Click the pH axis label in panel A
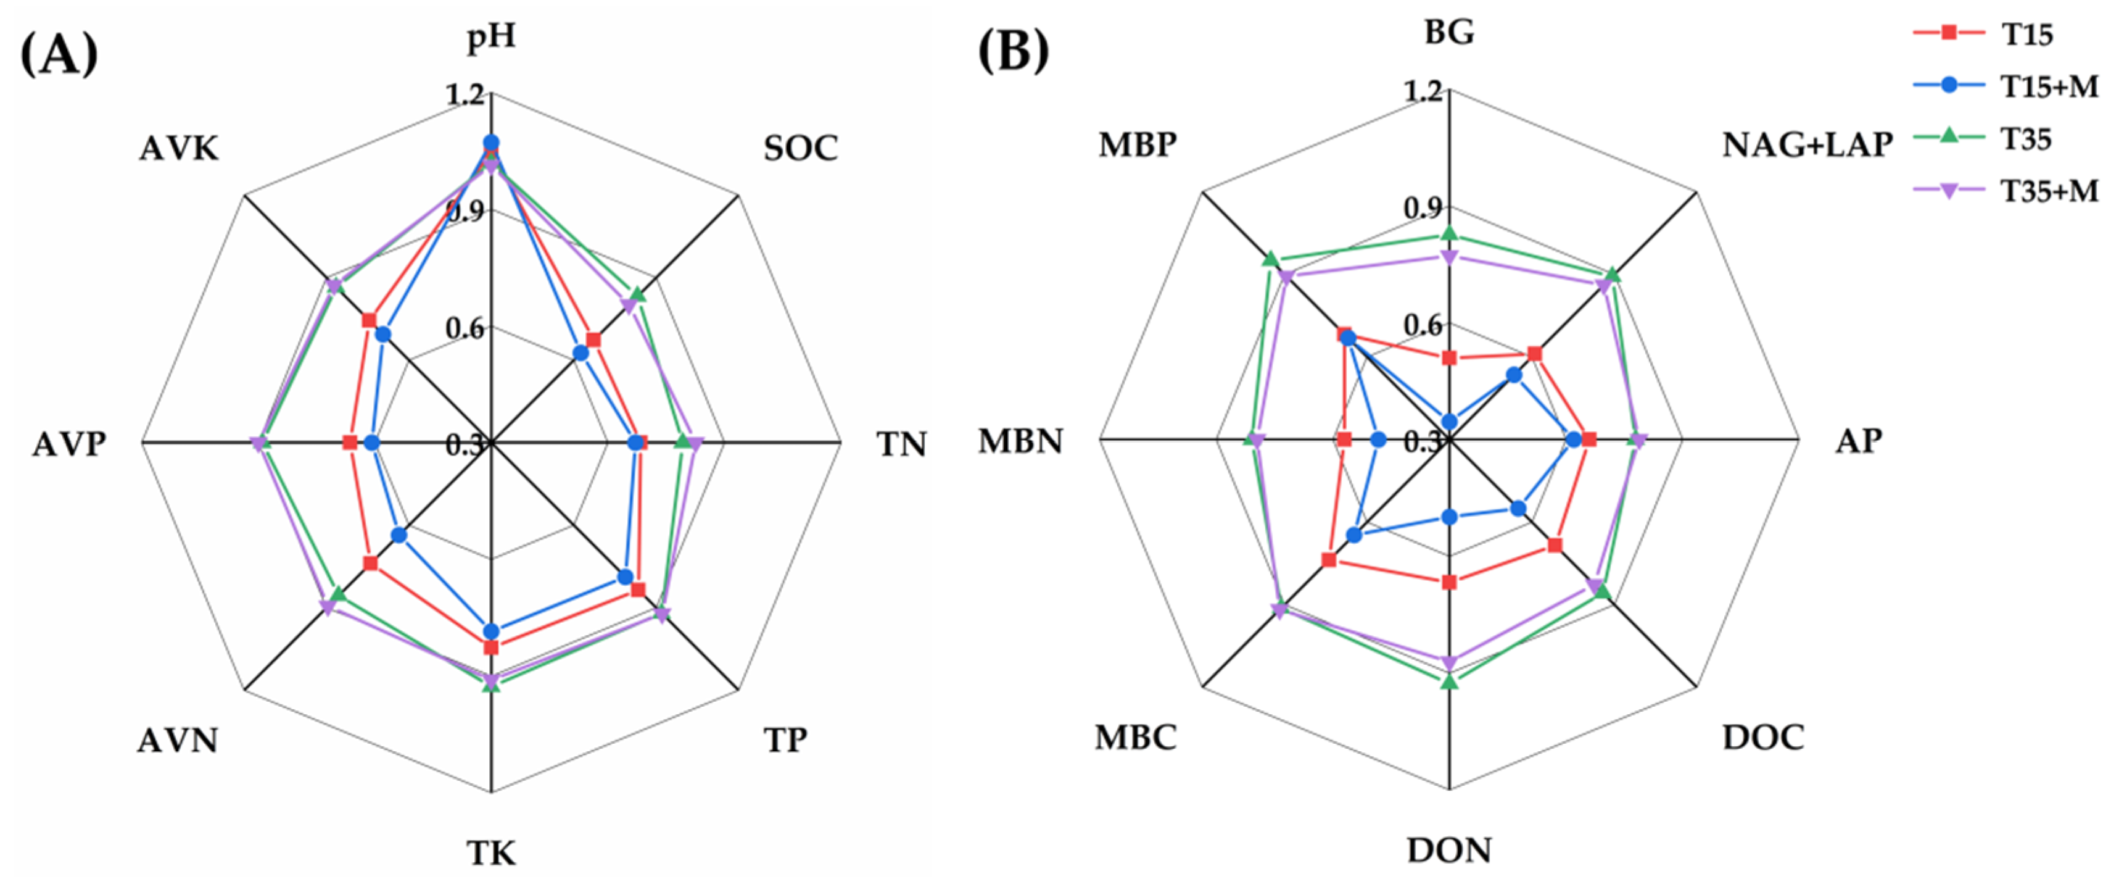click(x=491, y=38)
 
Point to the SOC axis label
click(x=801, y=148)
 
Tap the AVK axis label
click(x=179, y=148)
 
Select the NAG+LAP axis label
click(x=1807, y=145)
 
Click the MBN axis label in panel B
click(x=1020, y=441)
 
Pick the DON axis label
click(x=1449, y=850)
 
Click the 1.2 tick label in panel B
click(x=1423, y=90)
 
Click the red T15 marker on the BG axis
click(x=1449, y=357)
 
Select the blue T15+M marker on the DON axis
click(x=1449, y=517)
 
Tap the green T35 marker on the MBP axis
click(x=1270, y=260)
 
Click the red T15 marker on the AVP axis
click(x=350, y=443)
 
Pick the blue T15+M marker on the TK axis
click(x=491, y=631)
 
